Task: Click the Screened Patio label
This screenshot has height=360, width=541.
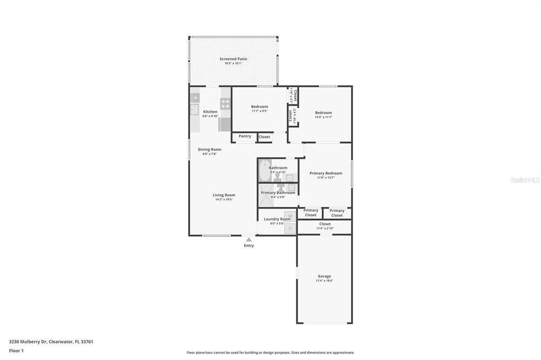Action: pyautogui.click(x=233, y=59)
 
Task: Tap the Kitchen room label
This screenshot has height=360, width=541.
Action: pyautogui.click(x=210, y=112)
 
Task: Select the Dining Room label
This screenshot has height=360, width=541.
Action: pyautogui.click(x=210, y=149)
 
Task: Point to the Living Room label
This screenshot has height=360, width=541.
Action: pyautogui.click(x=224, y=195)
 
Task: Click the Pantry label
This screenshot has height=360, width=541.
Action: pyautogui.click(x=245, y=136)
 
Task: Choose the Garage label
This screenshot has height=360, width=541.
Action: pyautogui.click(x=324, y=276)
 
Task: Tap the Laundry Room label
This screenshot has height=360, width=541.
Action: pyautogui.click(x=277, y=219)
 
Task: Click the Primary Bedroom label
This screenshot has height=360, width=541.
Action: pyautogui.click(x=325, y=173)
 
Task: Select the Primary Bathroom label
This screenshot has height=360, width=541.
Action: pyautogui.click(x=278, y=193)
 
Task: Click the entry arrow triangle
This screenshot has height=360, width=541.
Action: pyautogui.click(x=249, y=240)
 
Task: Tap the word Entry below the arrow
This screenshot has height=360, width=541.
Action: pyautogui.click(x=249, y=245)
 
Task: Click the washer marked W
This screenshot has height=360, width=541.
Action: pyautogui.click(x=290, y=216)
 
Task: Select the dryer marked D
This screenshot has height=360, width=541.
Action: pyautogui.click(x=290, y=228)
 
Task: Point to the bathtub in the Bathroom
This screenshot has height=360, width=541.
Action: pyautogui.click(x=264, y=170)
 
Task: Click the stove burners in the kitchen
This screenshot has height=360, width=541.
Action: pyautogui.click(x=225, y=103)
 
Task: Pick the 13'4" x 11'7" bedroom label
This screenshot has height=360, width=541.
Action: pyautogui.click(x=323, y=113)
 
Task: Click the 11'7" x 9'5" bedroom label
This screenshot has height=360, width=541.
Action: pyautogui.click(x=259, y=107)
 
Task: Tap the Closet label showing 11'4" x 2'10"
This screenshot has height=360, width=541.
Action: pyautogui.click(x=325, y=224)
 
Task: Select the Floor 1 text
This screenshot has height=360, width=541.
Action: pyautogui.click(x=16, y=350)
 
